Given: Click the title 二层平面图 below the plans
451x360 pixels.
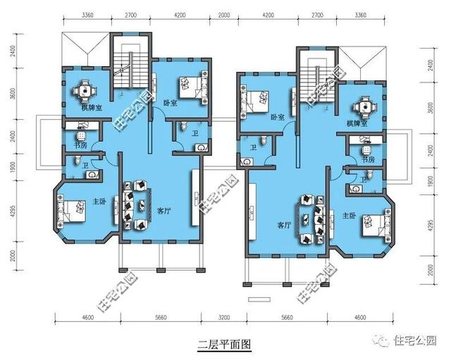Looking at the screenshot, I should [224, 345].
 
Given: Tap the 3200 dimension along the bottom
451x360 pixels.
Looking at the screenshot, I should [224, 318].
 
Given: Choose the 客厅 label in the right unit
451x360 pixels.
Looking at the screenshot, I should [283, 225].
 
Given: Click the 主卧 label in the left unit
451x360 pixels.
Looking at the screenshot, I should [99, 202].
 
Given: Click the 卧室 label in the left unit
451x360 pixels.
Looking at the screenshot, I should [169, 101].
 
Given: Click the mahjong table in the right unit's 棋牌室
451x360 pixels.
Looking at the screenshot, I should [364, 106].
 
